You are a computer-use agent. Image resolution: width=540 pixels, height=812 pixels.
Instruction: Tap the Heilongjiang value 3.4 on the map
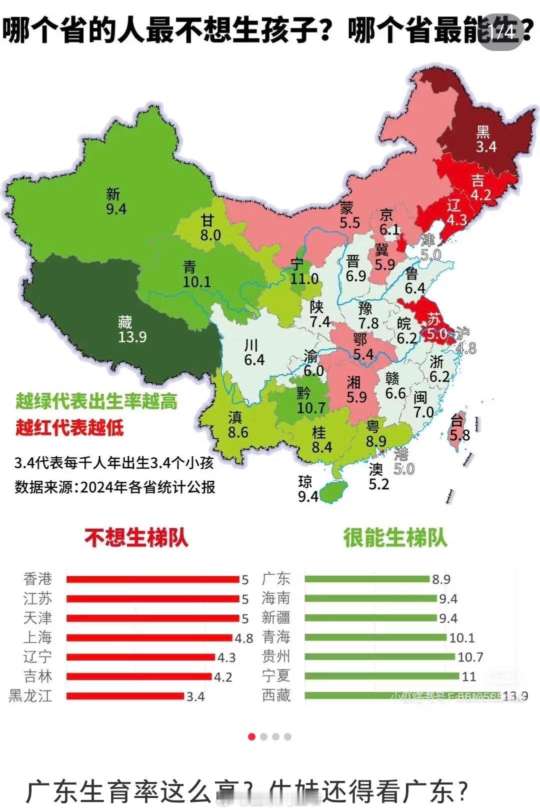click(485, 146)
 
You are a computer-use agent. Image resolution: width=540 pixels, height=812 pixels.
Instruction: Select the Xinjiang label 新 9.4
click(115, 201)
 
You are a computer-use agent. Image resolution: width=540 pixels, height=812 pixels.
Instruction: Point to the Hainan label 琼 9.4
click(307, 489)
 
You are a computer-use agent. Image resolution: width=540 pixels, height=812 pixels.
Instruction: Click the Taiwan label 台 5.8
click(459, 428)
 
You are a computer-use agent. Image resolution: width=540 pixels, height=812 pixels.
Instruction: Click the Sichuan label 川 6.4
click(253, 352)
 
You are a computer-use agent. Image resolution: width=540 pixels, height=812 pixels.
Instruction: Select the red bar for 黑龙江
click(125, 696)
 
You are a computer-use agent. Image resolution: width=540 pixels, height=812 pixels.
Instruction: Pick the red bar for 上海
click(149, 638)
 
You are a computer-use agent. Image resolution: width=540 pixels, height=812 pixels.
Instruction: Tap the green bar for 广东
click(367, 579)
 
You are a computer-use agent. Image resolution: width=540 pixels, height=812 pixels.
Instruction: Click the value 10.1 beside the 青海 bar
click(461, 638)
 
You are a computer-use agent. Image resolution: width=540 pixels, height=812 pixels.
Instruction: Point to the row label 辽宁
click(37, 657)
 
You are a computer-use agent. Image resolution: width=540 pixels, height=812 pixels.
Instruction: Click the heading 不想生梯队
click(136, 538)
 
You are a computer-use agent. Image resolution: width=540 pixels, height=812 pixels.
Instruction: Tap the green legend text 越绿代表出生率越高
click(96, 401)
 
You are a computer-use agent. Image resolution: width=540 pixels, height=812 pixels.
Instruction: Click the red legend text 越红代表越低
click(69, 428)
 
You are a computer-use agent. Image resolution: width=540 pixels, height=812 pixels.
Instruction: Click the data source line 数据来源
click(114, 487)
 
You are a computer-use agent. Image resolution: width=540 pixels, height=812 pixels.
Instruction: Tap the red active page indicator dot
click(251, 737)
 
